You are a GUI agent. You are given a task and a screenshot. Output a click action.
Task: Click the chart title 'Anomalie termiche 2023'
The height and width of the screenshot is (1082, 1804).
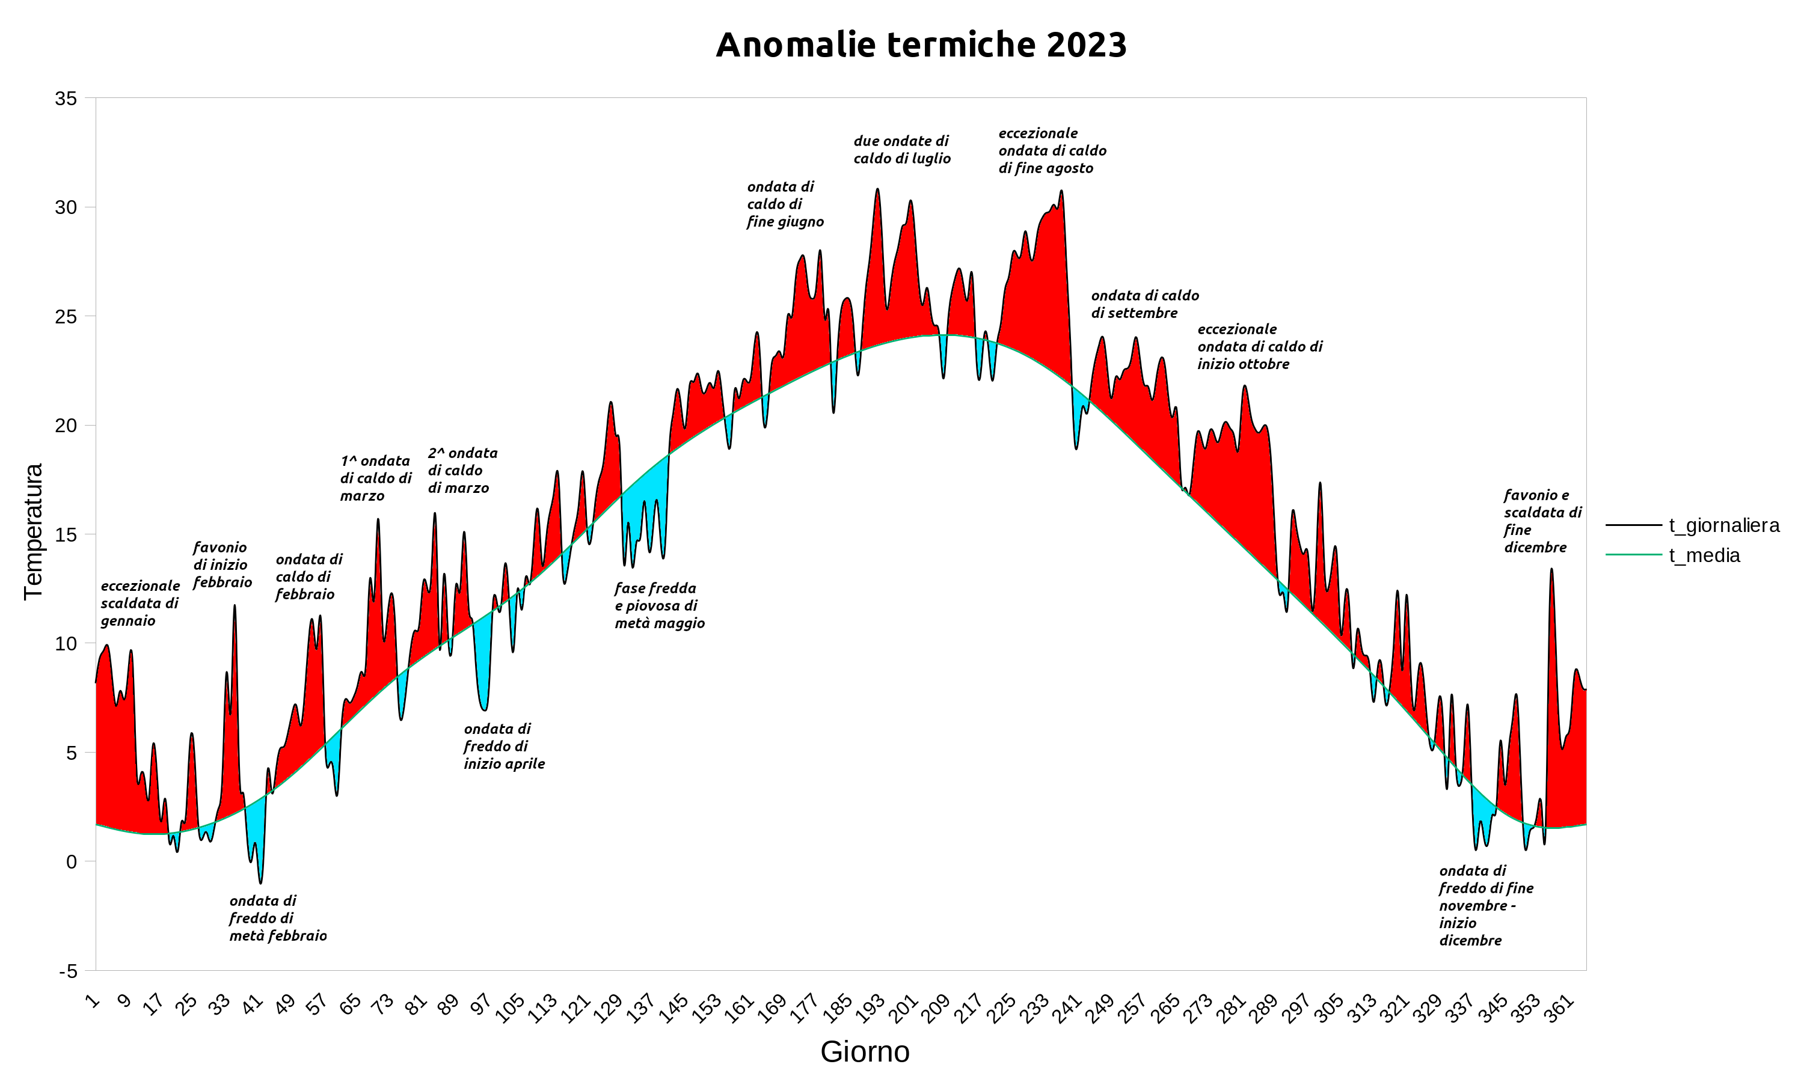pos(921,45)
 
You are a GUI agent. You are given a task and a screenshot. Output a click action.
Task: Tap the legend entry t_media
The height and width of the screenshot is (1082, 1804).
pos(1704,555)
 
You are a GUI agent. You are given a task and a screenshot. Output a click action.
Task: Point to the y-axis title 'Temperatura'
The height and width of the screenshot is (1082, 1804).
pos(34,531)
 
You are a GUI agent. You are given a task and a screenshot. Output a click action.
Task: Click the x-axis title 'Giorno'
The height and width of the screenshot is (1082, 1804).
pos(865,1052)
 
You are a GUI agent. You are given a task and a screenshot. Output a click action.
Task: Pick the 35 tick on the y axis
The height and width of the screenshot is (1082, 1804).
pos(66,99)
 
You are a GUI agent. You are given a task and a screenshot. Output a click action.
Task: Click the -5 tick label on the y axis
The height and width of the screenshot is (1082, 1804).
pos(68,971)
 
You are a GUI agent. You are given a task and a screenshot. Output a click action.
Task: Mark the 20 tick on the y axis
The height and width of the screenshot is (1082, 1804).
pos(66,426)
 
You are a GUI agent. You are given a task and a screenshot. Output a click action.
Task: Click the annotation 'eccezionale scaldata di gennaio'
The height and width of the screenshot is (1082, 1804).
pos(140,603)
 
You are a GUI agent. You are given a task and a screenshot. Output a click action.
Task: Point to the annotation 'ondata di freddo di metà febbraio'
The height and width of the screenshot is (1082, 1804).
pos(277,918)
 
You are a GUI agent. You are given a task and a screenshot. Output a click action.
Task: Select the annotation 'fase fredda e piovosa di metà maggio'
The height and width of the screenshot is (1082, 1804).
pos(659,605)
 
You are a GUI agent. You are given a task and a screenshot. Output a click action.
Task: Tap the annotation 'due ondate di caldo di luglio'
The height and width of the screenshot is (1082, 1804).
pos(902,150)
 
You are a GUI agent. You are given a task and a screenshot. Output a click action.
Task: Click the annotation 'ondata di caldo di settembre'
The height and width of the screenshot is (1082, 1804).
pos(1144,304)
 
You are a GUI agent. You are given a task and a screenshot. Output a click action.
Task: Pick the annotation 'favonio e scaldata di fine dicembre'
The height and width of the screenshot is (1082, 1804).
pos(1542,521)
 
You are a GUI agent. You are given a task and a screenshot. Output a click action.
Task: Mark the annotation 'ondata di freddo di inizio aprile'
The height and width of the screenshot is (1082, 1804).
pos(504,746)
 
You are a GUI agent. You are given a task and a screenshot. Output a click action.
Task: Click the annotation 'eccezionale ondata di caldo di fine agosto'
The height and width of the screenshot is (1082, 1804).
pos(1052,150)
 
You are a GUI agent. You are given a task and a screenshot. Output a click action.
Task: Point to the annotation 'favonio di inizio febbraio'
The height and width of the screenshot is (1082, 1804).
pos(222,564)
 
